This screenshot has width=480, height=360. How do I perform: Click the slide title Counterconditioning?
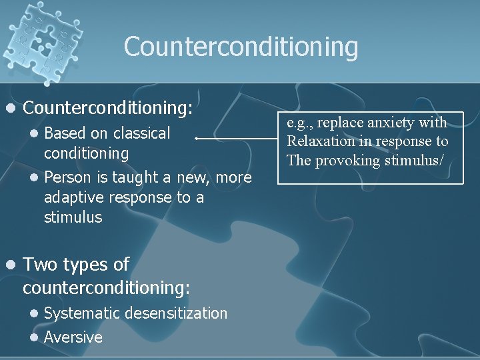241,47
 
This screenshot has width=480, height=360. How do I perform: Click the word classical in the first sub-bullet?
141,133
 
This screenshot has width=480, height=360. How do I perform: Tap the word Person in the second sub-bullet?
67,177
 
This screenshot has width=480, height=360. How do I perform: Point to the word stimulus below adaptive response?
73,217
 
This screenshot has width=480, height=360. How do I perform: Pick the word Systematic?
83,313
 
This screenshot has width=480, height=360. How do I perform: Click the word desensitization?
177,313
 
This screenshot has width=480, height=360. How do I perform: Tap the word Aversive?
73,337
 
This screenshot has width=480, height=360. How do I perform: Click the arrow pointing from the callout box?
233,138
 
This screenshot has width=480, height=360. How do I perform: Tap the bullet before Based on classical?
35,133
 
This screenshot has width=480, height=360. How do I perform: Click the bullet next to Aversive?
35,337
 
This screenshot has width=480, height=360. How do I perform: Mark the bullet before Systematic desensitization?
35,313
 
